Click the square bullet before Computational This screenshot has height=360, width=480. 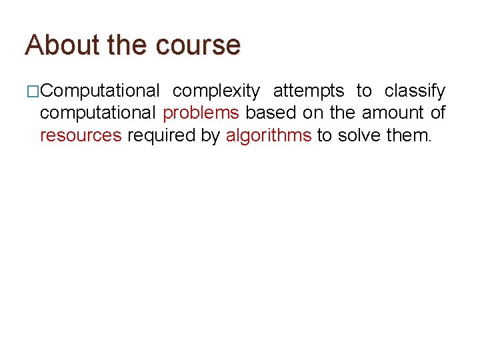[33, 91]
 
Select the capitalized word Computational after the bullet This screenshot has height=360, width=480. [99, 91]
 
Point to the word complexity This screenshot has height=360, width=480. [216, 91]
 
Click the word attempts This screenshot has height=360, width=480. [309, 91]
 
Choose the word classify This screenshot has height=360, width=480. [415, 91]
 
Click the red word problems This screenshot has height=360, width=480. [201, 113]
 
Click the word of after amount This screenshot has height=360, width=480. [437, 113]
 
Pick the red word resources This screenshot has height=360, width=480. [81, 136]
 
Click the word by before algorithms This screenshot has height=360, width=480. [210, 136]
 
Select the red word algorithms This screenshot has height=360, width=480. [269, 136]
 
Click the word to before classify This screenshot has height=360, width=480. [364, 91]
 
